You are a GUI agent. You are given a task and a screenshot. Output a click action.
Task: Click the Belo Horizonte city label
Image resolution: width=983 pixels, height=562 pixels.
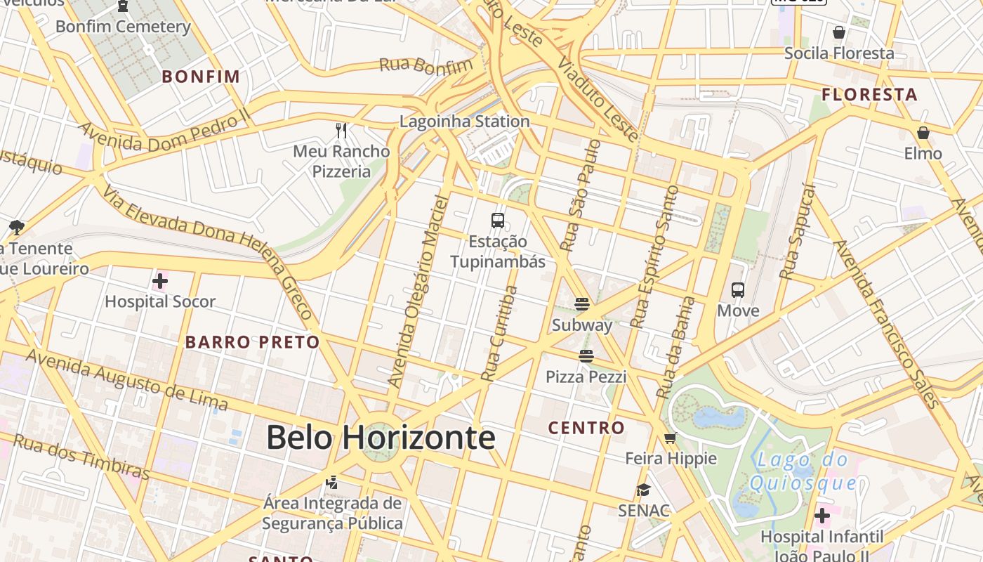pos(381,438)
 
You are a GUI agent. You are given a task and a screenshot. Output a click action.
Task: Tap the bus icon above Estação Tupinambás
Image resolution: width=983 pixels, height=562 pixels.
pos(498,221)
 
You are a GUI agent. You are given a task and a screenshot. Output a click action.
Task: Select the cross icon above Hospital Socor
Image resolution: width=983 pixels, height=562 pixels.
pos(160,282)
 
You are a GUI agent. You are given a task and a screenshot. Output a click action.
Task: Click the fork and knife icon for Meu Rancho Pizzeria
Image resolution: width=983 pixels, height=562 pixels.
pos(341,130)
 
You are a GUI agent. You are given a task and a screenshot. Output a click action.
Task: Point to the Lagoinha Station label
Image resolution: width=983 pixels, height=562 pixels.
pos(464,122)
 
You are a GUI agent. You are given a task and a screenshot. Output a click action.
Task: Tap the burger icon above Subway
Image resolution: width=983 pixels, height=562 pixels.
pos(581,304)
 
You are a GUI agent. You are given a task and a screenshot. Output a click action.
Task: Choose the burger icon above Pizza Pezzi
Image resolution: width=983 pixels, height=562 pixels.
pos(586,356)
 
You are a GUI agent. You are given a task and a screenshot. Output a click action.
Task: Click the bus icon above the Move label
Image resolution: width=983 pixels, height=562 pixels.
pos(738,289)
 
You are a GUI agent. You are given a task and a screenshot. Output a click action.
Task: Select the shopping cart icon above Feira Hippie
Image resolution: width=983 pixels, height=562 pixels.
pos(671,438)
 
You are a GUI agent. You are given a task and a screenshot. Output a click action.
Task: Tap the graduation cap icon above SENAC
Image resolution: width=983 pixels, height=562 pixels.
pos(643,490)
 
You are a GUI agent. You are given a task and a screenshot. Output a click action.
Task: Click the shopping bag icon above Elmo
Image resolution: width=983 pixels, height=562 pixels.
pos(923,133)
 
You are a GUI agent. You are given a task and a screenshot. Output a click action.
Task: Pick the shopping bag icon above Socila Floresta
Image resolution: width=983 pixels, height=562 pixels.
pos(838,32)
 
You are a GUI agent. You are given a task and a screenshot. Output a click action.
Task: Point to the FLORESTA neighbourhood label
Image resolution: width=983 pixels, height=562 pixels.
pos(869,95)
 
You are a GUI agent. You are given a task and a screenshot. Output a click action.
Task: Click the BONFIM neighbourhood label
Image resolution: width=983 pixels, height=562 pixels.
pos(201,77)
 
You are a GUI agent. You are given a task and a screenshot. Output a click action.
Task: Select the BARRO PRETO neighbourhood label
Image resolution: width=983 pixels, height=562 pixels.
pos(252,343)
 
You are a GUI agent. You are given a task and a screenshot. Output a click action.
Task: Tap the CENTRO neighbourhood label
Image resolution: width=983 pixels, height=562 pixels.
pos(586,428)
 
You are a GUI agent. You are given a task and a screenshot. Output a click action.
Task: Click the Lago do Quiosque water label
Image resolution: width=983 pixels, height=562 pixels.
pos(803,472)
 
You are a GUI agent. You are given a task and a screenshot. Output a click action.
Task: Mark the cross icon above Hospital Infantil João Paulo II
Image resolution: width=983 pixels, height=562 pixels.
pos(822,516)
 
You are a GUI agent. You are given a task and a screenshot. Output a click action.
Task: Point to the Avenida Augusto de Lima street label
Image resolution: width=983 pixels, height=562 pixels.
pos(127,379)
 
